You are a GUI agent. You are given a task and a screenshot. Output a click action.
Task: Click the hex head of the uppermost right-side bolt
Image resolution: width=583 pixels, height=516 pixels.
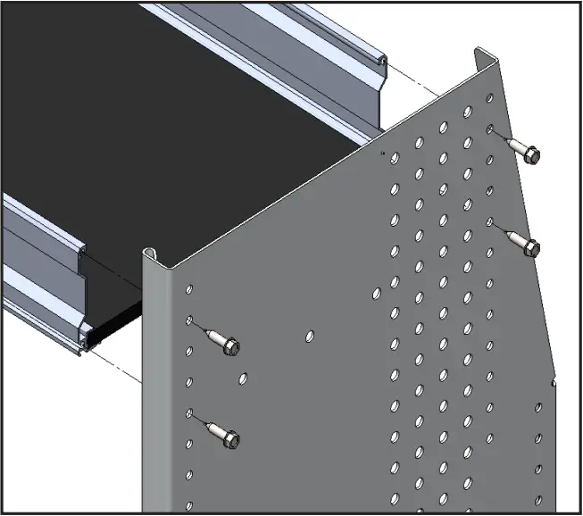tap(531, 155)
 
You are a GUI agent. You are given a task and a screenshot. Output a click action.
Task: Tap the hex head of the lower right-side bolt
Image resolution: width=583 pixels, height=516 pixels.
tap(531, 247)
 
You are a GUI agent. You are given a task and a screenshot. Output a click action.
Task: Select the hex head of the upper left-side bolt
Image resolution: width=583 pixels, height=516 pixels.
tap(229, 346)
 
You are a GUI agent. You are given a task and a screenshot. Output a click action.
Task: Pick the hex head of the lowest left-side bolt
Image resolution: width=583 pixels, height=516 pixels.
tap(229, 439)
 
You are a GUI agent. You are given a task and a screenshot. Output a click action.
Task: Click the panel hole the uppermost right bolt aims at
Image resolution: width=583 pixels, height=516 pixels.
tap(490, 130)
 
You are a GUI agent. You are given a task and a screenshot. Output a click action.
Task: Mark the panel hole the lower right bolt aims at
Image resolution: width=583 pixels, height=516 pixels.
tap(490, 221)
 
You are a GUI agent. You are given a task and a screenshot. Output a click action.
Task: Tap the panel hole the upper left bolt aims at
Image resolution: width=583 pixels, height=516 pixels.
tap(189, 320)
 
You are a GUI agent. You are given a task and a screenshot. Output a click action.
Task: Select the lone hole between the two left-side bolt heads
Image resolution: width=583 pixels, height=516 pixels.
tap(241, 379)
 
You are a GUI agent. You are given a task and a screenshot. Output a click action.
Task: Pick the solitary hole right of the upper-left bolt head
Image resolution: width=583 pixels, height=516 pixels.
tap(309, 337)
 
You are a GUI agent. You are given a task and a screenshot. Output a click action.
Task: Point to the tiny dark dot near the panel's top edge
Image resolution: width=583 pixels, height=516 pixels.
tap(383, 154)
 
